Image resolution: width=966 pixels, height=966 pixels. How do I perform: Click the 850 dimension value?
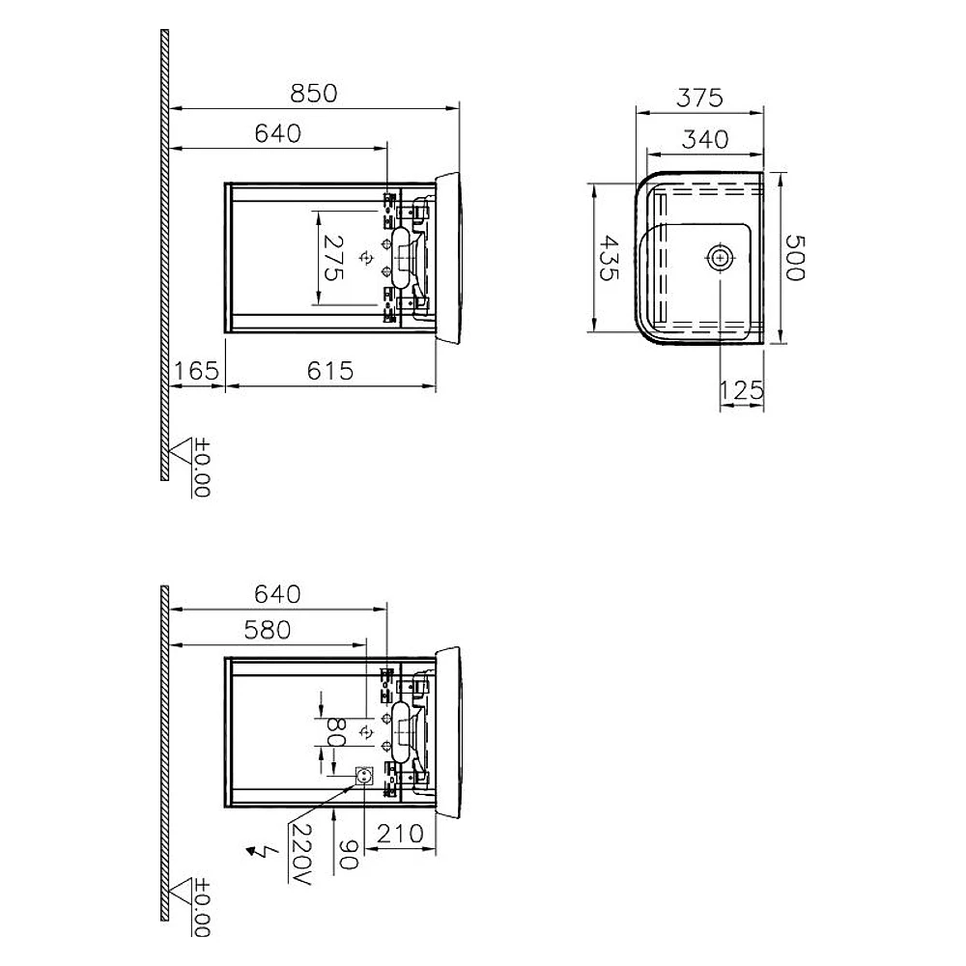point(314,94)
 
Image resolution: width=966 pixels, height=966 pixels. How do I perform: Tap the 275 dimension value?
point(333,258)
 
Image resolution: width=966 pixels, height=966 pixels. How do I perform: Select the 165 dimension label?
point(196,371)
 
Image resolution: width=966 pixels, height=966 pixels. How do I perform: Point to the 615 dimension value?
point(330,371)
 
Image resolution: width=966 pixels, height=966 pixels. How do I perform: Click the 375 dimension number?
point(699,98)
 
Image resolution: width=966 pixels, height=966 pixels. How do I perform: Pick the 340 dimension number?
point(705,139)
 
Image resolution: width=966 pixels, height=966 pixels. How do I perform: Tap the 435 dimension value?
point(610,258)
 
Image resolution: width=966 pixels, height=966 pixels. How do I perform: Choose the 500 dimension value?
point(795,258)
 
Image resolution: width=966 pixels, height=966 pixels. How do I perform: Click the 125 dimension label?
point(741,390)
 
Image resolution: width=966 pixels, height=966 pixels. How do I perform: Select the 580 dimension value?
point(268,630)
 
